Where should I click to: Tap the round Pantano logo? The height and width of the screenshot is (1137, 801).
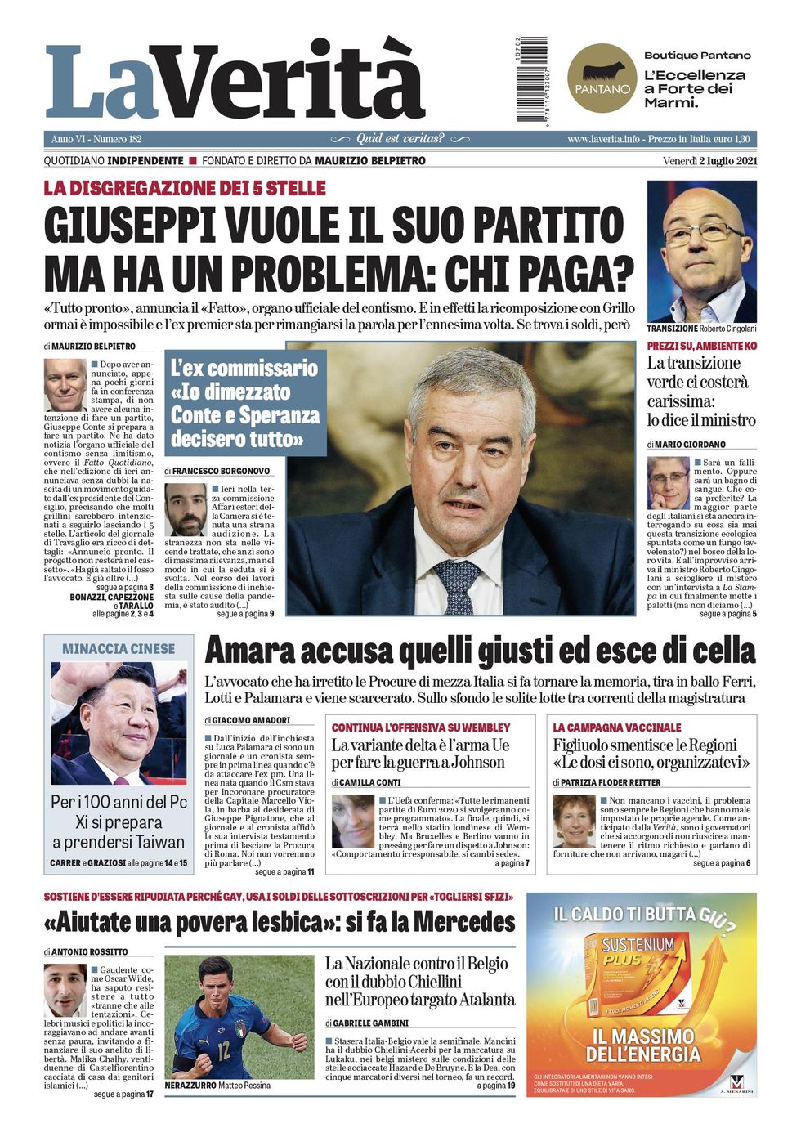point(602,79)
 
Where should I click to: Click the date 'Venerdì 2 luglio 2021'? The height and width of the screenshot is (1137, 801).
point(709,161)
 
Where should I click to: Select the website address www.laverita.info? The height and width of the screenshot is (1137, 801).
point(603,139)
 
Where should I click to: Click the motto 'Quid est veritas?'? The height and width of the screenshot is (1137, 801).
point(400,139)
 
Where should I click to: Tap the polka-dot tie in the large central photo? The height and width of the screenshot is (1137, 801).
point(459,586)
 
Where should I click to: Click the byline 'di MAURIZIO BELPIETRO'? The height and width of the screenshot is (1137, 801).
point(90,347)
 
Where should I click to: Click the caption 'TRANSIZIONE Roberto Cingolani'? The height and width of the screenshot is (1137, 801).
point(701,329)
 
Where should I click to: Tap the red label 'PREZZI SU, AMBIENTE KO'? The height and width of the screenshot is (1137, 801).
point(701,347)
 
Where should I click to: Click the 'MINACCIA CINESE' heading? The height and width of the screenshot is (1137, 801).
point(119,649)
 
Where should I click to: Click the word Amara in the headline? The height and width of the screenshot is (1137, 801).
point(248,651)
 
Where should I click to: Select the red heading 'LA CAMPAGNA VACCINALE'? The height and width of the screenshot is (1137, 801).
point(616,727)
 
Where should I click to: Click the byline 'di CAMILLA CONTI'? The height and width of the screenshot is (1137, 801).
point(366,782)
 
